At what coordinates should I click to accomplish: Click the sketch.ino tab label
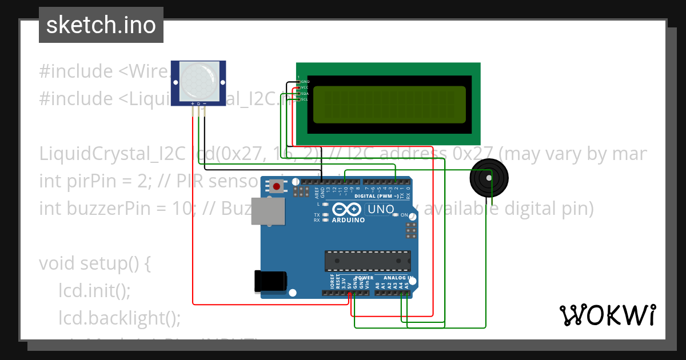click(x=101, y=25)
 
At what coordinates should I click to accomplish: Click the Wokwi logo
click(x=607, y=315)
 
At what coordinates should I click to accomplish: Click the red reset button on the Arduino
click(x=277, y=186)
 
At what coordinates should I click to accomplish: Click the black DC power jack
click(x=270, y=281)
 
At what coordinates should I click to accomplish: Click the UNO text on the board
click(x=381, y=209)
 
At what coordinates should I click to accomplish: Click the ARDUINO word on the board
click(x=348, y=220)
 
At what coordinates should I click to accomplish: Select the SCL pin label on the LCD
click(x=305, y=99)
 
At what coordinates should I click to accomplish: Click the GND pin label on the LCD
click(x=305, y=82)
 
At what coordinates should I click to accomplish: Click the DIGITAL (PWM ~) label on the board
click(x=380, y=196)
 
